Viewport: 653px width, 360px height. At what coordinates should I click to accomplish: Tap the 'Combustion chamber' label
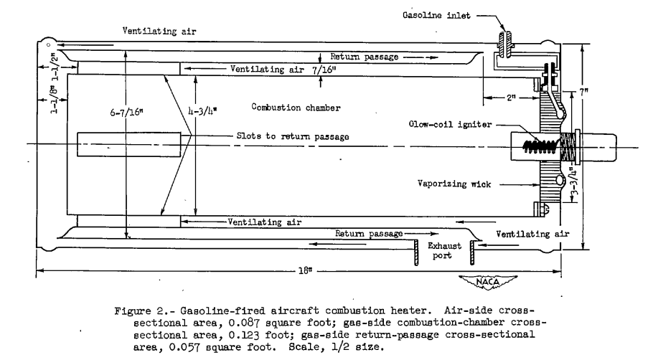coord(295,108)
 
